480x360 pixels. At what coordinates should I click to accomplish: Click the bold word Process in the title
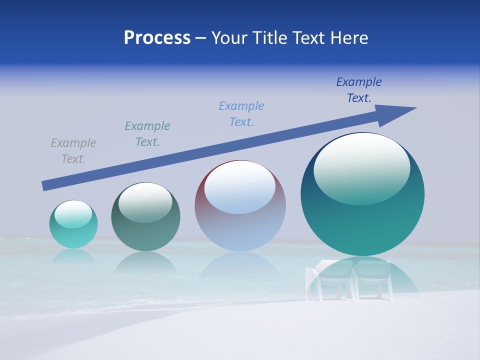[x=157, y=38]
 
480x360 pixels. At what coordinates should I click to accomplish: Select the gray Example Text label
[x=73, y=151]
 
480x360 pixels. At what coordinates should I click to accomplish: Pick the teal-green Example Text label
[x=147, y=134]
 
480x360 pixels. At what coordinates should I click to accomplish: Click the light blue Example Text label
[x=241, y=114]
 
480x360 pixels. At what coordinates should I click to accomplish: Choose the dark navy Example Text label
[x=359, y=90]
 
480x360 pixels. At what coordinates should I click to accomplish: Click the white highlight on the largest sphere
[x=361, y=167]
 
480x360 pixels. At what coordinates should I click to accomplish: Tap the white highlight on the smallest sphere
[x=73, y=213]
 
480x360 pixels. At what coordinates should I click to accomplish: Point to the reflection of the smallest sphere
[x=73, y=256]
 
